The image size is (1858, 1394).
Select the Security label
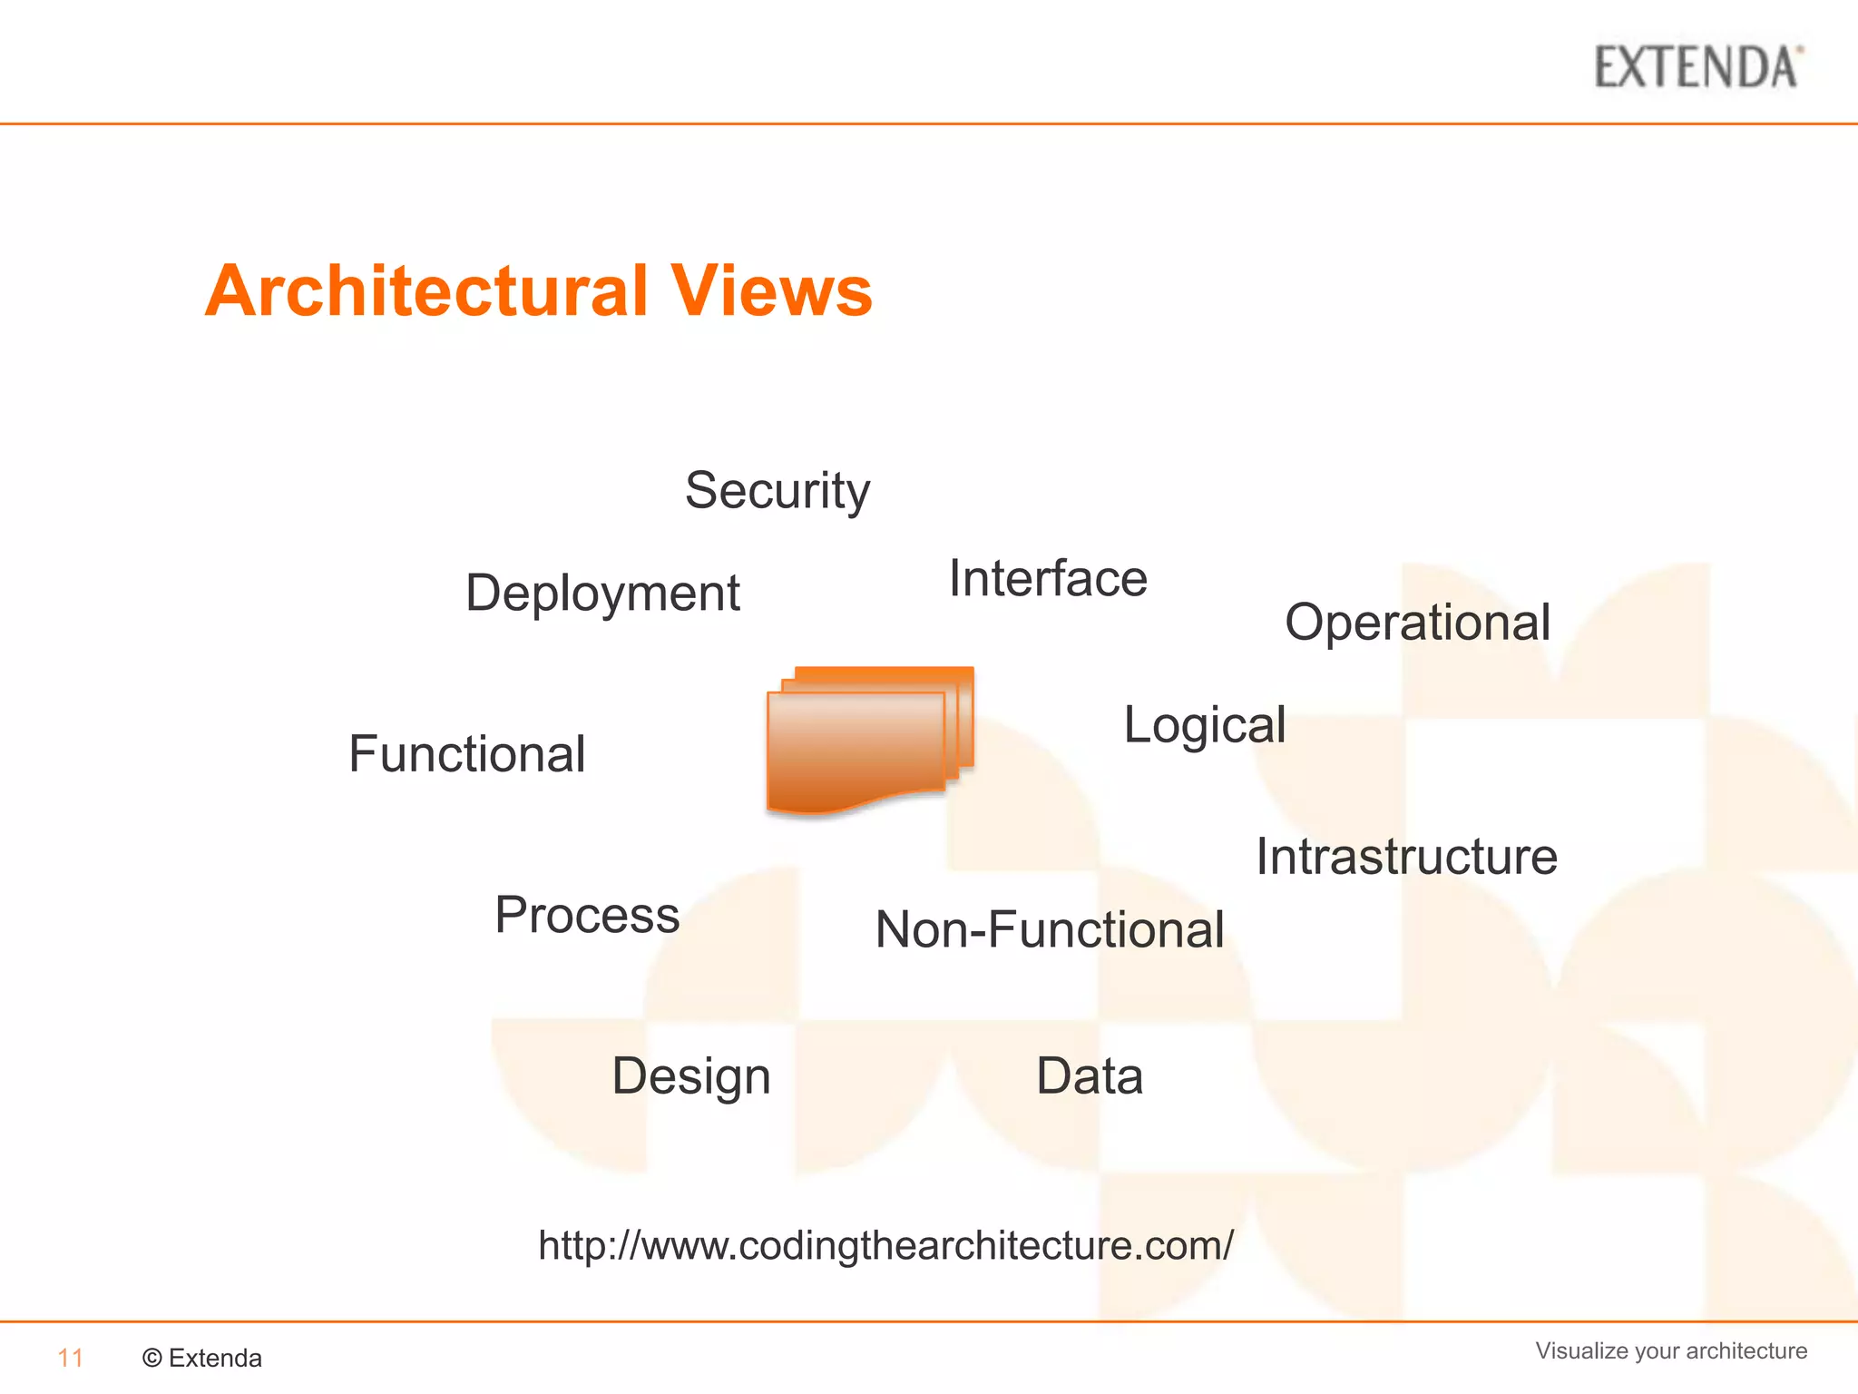(777, 491)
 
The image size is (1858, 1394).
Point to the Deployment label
(602, 594)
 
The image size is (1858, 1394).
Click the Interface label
(1048, 579)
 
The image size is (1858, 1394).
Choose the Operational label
(1417, 623)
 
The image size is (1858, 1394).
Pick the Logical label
(1205, 725)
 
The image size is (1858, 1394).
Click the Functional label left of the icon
(466, 754)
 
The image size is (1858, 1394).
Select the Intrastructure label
(1406, 857)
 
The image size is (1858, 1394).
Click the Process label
(587, 915)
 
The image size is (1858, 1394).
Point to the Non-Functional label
(1050, 930)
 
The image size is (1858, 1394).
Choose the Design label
(691, 1076)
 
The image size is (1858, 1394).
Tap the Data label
(1090, 1076)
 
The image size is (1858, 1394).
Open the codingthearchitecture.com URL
(885, 1245)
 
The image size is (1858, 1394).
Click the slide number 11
(70, 1358)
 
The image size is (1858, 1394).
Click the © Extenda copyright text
(202, 1358)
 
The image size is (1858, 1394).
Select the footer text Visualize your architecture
(1671, 1350)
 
